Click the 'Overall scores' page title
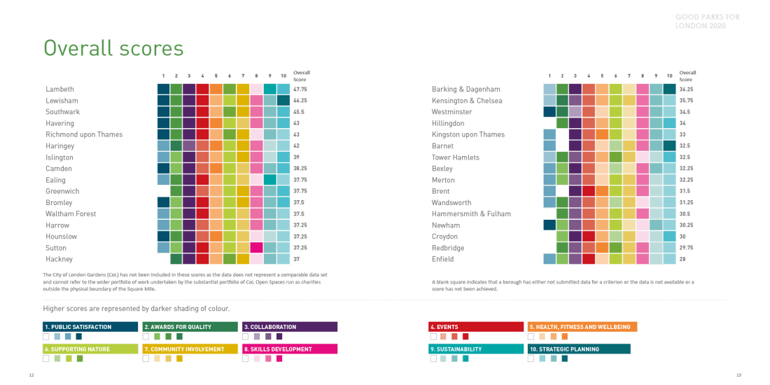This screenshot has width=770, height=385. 113,48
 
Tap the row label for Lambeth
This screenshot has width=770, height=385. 60,90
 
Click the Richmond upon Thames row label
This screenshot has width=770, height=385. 84,134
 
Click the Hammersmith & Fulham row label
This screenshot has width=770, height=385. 472,213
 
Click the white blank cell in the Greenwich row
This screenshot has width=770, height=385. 163,191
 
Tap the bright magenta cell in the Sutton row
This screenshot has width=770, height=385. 257,248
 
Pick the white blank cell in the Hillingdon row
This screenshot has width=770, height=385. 549,123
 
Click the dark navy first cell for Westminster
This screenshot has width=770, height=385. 549,112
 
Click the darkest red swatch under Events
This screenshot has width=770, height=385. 464,337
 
